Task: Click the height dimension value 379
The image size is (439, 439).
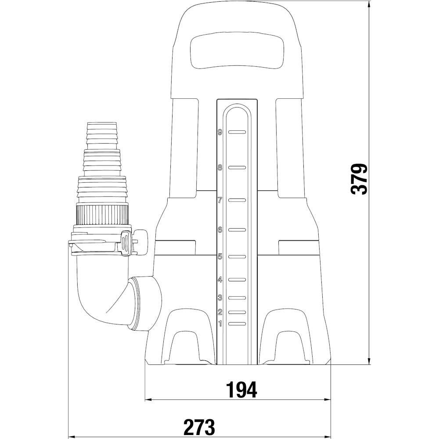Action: coord(359,179)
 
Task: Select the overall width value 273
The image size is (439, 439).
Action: coord(199,427)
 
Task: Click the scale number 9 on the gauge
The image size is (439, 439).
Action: coord(220,132)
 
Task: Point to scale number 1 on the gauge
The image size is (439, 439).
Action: coord(220,324)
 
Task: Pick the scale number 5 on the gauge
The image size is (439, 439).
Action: coord(220,256)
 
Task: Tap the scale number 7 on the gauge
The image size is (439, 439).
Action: coord(220,200)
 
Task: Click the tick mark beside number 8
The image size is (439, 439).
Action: coord(237,167)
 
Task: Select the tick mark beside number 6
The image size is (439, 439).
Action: coord(237,230)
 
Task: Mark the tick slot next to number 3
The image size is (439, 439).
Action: coord(237,298)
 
